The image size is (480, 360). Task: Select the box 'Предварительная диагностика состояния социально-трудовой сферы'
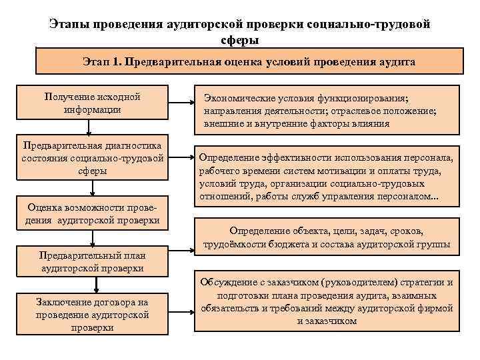93,158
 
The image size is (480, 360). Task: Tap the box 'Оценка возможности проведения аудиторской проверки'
93,213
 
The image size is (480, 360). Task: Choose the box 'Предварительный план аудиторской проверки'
93,261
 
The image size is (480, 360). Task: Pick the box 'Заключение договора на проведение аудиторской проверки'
93,314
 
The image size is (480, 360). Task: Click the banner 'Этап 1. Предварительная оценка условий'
249,61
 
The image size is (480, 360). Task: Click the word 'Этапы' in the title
69,24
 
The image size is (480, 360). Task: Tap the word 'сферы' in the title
239,39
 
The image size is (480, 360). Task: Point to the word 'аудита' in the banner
397,62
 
